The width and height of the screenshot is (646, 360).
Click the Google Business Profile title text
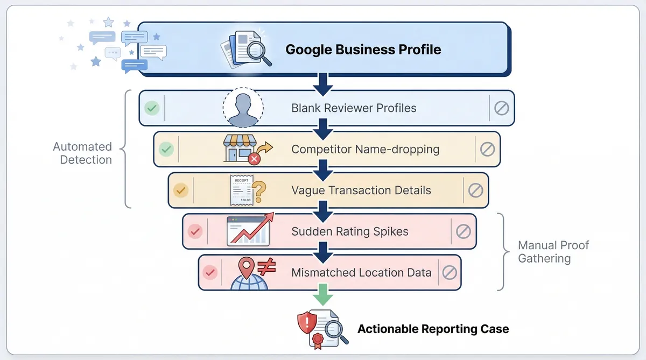coord(363,50)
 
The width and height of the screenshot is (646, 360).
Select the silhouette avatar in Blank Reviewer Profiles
coord(243,107)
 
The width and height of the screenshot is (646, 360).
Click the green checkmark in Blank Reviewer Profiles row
coord(152,108)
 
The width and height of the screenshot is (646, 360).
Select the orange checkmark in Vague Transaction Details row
coord(181,190)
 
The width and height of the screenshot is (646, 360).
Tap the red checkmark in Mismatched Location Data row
coord(210,272)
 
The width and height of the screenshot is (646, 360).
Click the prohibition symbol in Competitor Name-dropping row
coord(487,149)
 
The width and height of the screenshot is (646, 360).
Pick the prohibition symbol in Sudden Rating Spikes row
coord(463,231)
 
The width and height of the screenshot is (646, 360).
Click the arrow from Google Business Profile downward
coord(323,82)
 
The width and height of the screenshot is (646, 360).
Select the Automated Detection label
coord(82,153)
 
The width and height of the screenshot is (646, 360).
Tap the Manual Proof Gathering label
coord(553,252)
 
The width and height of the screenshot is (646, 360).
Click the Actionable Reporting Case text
coord(433,329)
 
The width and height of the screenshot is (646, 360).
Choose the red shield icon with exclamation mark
coord(307,323)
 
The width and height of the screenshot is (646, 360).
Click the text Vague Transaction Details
coord(361,190)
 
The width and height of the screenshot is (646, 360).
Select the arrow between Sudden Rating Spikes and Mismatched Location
coord(323,250)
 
